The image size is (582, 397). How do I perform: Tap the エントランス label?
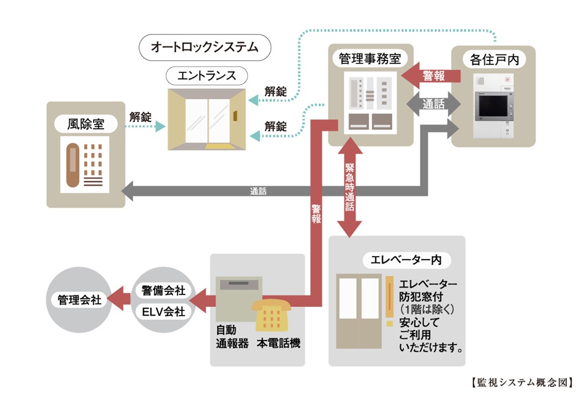207,76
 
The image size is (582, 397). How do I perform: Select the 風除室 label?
86,123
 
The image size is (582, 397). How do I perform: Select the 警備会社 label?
163,289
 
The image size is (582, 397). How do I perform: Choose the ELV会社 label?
163,312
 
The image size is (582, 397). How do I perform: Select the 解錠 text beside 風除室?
140,117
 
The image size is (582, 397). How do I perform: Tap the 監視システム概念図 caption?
521,383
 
